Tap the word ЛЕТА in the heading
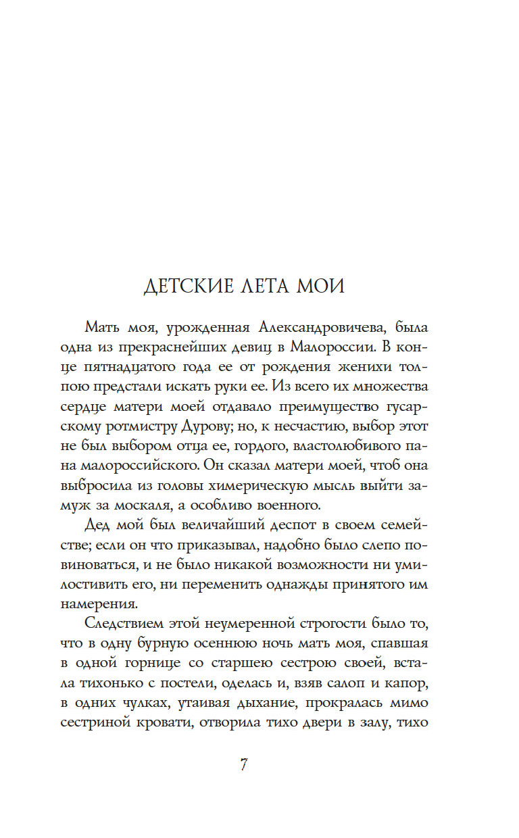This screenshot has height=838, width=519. [x=266, y=286]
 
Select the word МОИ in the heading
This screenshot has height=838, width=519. [x=321, y=286]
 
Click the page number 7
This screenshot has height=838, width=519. [x=244, y=766]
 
